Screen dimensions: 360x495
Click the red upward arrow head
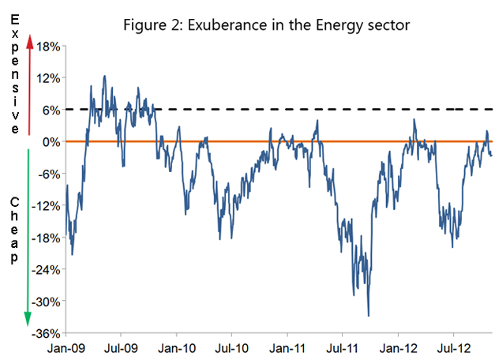tap(29, 44)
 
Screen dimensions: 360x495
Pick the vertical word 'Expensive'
tap(13, 71)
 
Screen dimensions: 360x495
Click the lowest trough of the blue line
tap(369, 316)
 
